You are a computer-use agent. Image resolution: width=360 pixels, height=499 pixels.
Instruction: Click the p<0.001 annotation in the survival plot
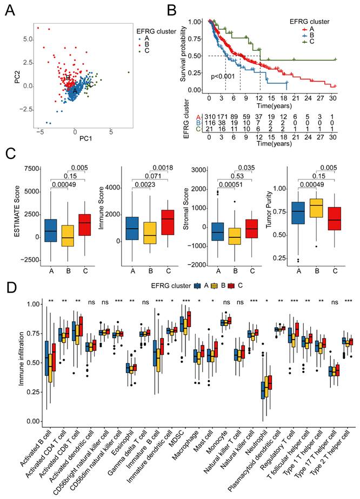[223, 76]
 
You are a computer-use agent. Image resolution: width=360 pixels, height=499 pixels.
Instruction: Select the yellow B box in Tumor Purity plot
[316, 208]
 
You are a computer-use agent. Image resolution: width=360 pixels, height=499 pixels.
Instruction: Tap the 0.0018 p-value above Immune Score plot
[163, 168]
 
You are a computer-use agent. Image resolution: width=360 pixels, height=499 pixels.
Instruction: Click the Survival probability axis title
[183, 54]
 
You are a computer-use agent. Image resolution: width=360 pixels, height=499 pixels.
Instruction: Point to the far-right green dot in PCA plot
[129, 72]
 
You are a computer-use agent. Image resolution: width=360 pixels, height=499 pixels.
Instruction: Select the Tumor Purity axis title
[269, 209]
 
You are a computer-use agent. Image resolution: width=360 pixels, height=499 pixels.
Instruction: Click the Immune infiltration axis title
[21, 358]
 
